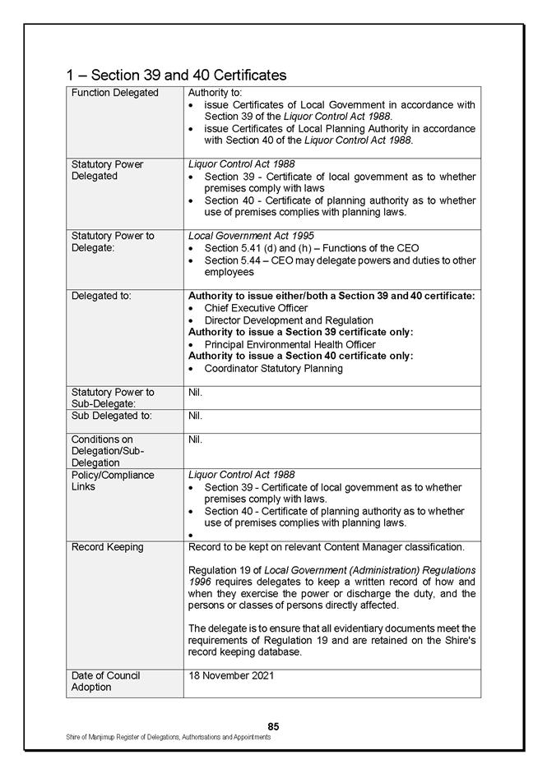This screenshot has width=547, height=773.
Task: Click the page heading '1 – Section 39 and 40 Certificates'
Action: [176, 75]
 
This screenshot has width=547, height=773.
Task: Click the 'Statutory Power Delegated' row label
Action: [107, 170]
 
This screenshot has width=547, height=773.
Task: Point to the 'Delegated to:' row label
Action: [101, 295]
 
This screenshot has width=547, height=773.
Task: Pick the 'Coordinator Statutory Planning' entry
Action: [273, 368]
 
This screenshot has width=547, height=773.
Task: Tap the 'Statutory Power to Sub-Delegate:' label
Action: [113, 398]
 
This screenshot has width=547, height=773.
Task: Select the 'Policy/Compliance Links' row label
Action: [112, 481]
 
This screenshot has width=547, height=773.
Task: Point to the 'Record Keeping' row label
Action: [107, 547]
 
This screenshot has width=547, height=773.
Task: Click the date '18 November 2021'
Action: [231, 676]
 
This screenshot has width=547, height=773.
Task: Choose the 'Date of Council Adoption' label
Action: [105, 681]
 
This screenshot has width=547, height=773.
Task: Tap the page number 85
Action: [273, 726]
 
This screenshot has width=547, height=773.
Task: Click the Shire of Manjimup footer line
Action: [169, 738]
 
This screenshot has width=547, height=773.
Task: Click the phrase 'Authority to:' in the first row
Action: [211, 93]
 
